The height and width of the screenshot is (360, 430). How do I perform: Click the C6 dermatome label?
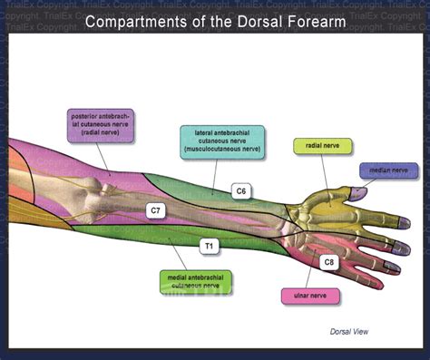(240, 190)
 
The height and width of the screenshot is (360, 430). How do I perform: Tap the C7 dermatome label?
(156, 210)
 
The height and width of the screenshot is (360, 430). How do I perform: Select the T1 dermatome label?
(208, 245)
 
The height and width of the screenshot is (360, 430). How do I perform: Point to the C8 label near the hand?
(328, 262)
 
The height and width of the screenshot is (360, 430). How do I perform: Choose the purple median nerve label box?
(387, 170)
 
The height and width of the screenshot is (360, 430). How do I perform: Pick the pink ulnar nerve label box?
(310, 296)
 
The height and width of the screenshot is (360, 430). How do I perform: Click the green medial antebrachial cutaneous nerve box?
(194, 281)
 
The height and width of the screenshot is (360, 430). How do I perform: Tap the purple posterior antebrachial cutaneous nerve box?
(102, 125)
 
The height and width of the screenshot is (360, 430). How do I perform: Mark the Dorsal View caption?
(349, 332)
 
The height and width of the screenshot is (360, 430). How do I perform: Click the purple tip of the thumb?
(358, 191)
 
